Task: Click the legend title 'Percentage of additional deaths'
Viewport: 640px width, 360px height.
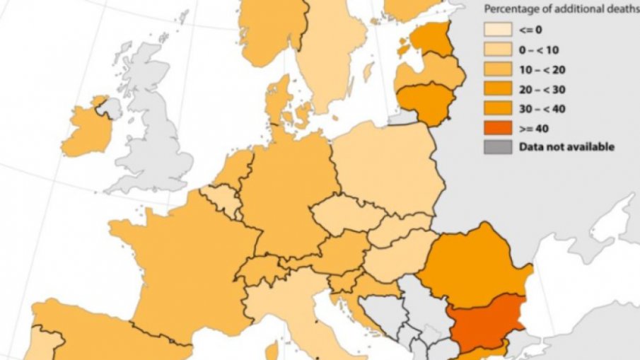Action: click(x=561, y=9)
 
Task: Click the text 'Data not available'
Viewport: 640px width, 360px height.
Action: click(x=566, y=147)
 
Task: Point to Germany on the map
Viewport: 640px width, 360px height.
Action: click(x=283, y=191)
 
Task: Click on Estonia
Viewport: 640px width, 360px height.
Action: click(x=431, y=39)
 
